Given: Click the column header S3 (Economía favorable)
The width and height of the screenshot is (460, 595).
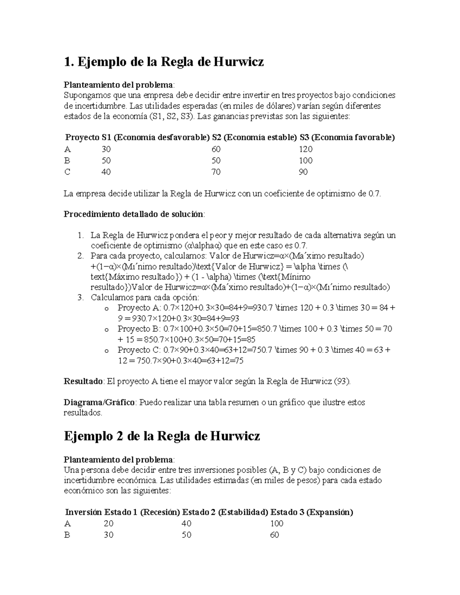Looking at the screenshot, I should [x=347, y=138].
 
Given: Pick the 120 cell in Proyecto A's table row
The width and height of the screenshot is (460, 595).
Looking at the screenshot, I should [x=306, y=149].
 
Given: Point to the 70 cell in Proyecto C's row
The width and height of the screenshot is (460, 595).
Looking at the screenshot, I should [x=216, y=172].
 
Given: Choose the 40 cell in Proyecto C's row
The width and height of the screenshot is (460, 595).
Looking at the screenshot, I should [x=106, y=172].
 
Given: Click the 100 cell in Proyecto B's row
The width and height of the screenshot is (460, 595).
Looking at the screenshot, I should [x=306, y=161].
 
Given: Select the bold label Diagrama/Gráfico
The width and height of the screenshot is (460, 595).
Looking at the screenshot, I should [x=99, y=402].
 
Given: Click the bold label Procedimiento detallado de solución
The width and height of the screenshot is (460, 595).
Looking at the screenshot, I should [x=133, y=214].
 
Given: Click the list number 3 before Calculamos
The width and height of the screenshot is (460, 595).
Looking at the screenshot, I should [x=80, y=297].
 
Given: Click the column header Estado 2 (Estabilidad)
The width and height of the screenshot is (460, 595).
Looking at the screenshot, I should [x=225, y=512].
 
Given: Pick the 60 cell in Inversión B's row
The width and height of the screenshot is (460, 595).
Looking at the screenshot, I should [x=274, y=535].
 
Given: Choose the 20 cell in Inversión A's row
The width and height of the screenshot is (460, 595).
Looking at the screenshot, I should [x=108, y=523].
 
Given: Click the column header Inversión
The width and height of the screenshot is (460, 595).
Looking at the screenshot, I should [x=84, y=512].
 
